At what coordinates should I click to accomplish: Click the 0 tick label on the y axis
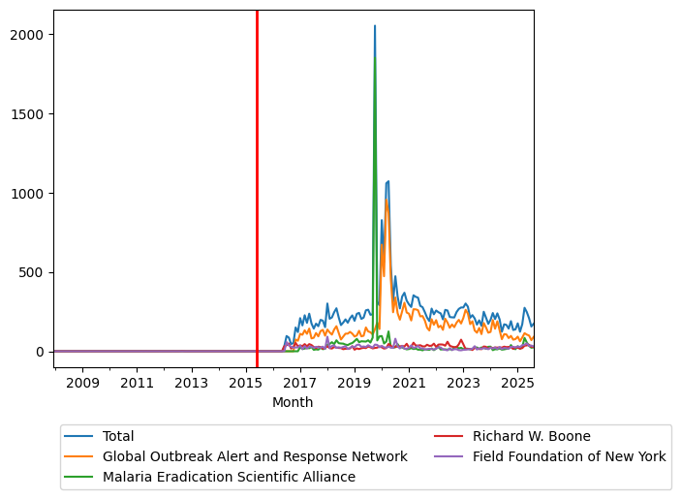(x=42, y=352)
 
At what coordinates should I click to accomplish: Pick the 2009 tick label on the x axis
(x=82, y=384)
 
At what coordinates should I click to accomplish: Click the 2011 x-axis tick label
(x=137, y=384)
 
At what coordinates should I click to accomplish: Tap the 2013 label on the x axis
(x=191, y=384)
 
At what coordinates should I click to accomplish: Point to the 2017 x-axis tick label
(x=300, y=384)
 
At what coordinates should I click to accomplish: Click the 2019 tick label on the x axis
(x=355, y=384)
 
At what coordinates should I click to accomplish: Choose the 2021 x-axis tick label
(x=409, y=384)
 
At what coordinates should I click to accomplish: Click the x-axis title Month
(x=293, y=402)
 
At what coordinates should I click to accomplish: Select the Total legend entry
(x=118, y=437)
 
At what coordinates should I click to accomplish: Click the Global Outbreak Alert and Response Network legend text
(x=255, y=456)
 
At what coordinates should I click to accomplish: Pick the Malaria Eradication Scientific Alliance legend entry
(x=229, y=477)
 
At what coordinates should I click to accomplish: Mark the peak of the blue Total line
(x=375, y=26)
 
